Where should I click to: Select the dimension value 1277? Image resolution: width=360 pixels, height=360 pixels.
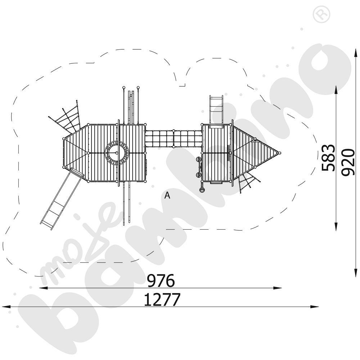pos(162,300)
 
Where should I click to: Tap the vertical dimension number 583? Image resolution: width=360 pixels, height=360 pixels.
pos(328,158)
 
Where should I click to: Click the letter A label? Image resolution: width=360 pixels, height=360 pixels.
pos(167,195)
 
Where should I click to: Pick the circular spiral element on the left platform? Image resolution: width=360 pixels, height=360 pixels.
pos(117,153)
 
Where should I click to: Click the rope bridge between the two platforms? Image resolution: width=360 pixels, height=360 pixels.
pos(174,139)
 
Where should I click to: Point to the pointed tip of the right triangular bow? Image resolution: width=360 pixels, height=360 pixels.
pos(280,153)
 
